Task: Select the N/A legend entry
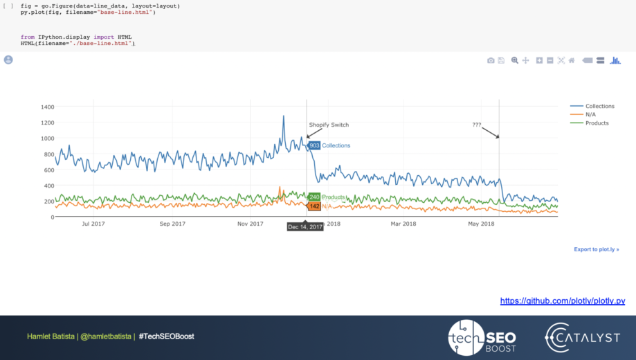[x=590, y=114]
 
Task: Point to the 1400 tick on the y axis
[x=47, y=107]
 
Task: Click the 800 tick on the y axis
[x=48, y=154]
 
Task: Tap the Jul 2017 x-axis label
[x=93, y=224]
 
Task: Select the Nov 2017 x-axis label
[x=251, y=224]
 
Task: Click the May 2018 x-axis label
[x=481, y=224]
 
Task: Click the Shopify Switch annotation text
[x=329, y=125]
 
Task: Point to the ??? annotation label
[x=477, y=125]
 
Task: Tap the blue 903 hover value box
[x=314, y=145]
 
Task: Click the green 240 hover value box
[x=314, y=197]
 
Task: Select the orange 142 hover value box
[x=314, y=206]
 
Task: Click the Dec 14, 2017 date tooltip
[x=305, y=226]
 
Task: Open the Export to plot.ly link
[x=596, y=249]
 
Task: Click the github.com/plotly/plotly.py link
[x=563, y=301]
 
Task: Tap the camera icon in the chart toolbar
[x=491, y=61]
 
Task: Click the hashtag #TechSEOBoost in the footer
[x=166, y=336]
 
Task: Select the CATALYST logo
[x=582, y=337]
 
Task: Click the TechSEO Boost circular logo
[x=466, y=337]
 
